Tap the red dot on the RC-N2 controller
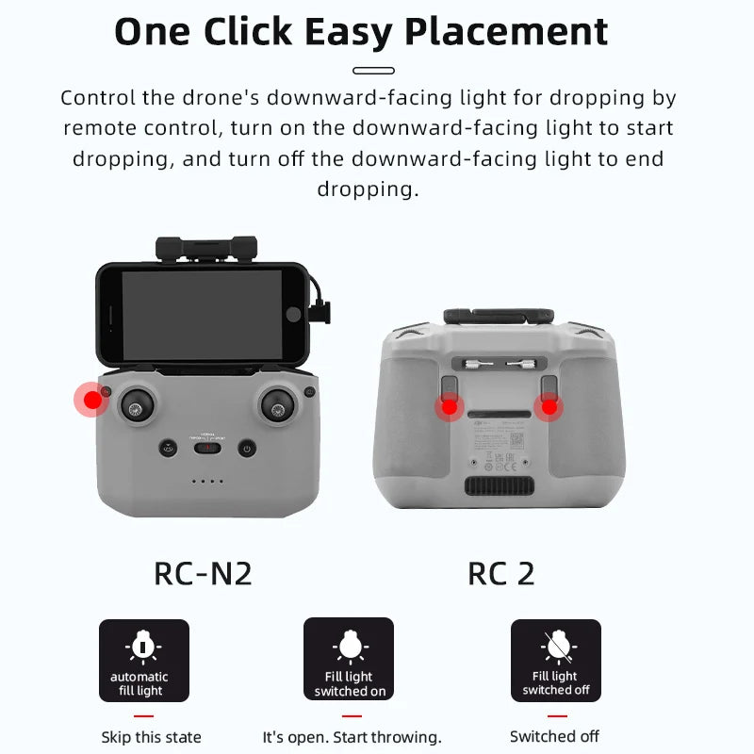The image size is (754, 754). click(x=92, y=401)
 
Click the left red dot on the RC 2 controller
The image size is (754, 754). click(x=450, y=406)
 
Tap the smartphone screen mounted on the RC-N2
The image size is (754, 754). click(x=203, y=314)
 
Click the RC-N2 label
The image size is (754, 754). click(x=203, y=573)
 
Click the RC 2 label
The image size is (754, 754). click(x=500, y=573)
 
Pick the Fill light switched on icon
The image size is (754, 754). click(x=349, y=660)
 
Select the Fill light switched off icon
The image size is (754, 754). click(x=555, y=660)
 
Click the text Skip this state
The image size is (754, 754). click(x=151, y=737)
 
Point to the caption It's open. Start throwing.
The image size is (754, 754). click(x=352, y=737)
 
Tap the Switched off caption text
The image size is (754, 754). click(x=554, y=736)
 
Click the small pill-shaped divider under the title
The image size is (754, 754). click(x=373, y=71)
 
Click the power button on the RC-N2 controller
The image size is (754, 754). click(x=247, y=449)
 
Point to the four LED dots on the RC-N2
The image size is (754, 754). click(x=206, y=482)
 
